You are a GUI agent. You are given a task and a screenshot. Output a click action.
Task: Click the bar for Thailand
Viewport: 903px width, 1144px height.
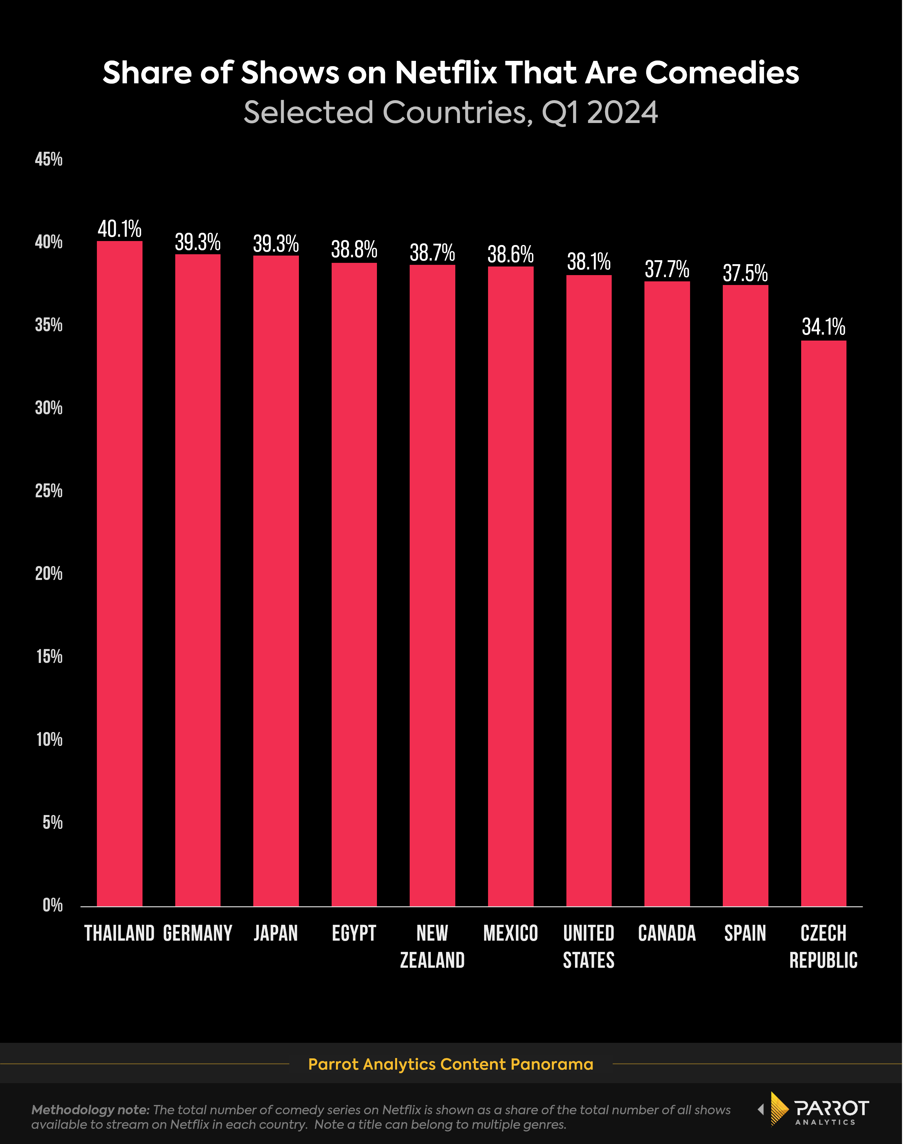point(119,574)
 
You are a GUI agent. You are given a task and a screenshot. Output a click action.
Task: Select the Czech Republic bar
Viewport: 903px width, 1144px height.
point(823,624)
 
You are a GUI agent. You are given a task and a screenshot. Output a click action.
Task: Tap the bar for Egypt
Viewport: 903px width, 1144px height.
point(354,584)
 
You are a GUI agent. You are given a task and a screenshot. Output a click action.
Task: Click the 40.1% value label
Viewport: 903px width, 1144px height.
point(119,229)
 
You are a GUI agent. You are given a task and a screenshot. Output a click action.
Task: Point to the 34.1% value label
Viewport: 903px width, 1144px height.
point(823,327)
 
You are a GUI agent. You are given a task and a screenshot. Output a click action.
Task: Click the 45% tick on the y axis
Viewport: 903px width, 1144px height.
point(49,159)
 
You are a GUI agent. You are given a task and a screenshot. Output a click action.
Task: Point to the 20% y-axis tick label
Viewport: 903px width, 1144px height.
point(49,574)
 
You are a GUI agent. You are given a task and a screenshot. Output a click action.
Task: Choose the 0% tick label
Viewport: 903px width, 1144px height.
point(52,905)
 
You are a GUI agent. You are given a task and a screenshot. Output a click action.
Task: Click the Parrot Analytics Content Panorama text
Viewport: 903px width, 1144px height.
point(450,1064)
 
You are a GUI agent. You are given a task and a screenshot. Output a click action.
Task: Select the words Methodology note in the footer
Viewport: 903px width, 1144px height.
point(90,1110)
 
